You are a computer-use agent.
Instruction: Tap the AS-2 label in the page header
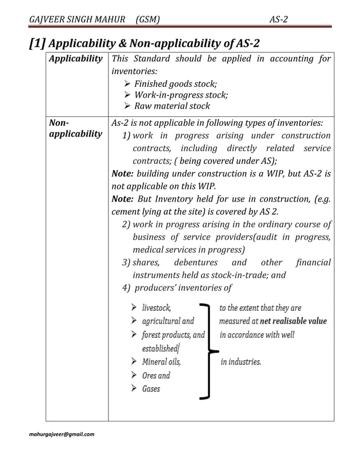coord(278,20)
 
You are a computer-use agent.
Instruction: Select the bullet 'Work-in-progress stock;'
coord(181,95)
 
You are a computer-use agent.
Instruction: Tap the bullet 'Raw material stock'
coord(172,105)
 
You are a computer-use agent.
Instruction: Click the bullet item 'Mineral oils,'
coord(161,362)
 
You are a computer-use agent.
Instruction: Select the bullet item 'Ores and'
coord(156,375)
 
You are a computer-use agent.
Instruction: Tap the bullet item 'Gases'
coord(151,389)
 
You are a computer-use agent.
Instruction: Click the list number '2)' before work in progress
coord(126,224)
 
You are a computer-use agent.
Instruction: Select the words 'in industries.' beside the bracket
coord(240,362)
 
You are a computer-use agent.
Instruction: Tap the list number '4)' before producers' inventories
coord(126,288)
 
